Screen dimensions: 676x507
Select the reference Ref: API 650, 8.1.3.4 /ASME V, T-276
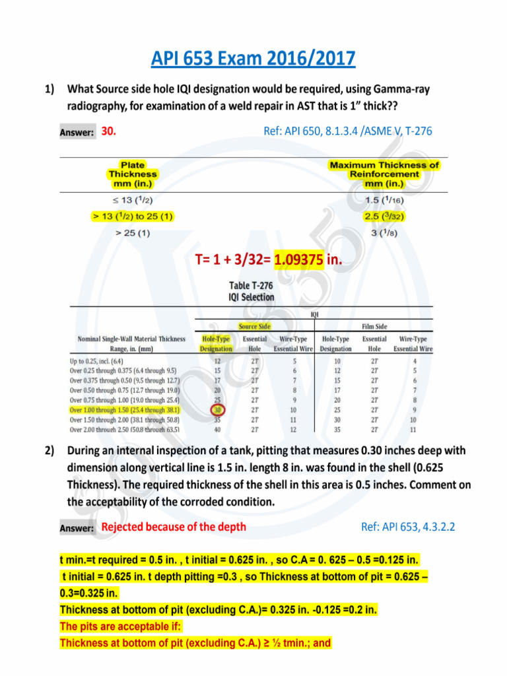point(348,131)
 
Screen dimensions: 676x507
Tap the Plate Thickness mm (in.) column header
point(133,174)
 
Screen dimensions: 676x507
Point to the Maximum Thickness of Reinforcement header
point(384,174)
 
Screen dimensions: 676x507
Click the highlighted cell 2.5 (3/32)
point(384,216)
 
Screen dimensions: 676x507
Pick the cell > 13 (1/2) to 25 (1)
point(133,216)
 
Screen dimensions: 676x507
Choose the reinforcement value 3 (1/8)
point(384,234)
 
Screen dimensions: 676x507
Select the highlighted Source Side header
point(254,325)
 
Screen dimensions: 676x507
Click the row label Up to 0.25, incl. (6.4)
point(105,361)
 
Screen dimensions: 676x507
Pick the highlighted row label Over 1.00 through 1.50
point(123,410)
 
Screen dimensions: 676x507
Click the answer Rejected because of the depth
point(174,526)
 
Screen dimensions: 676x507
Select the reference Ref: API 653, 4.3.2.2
point(408,527)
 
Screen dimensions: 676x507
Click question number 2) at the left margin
point(50,451)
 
